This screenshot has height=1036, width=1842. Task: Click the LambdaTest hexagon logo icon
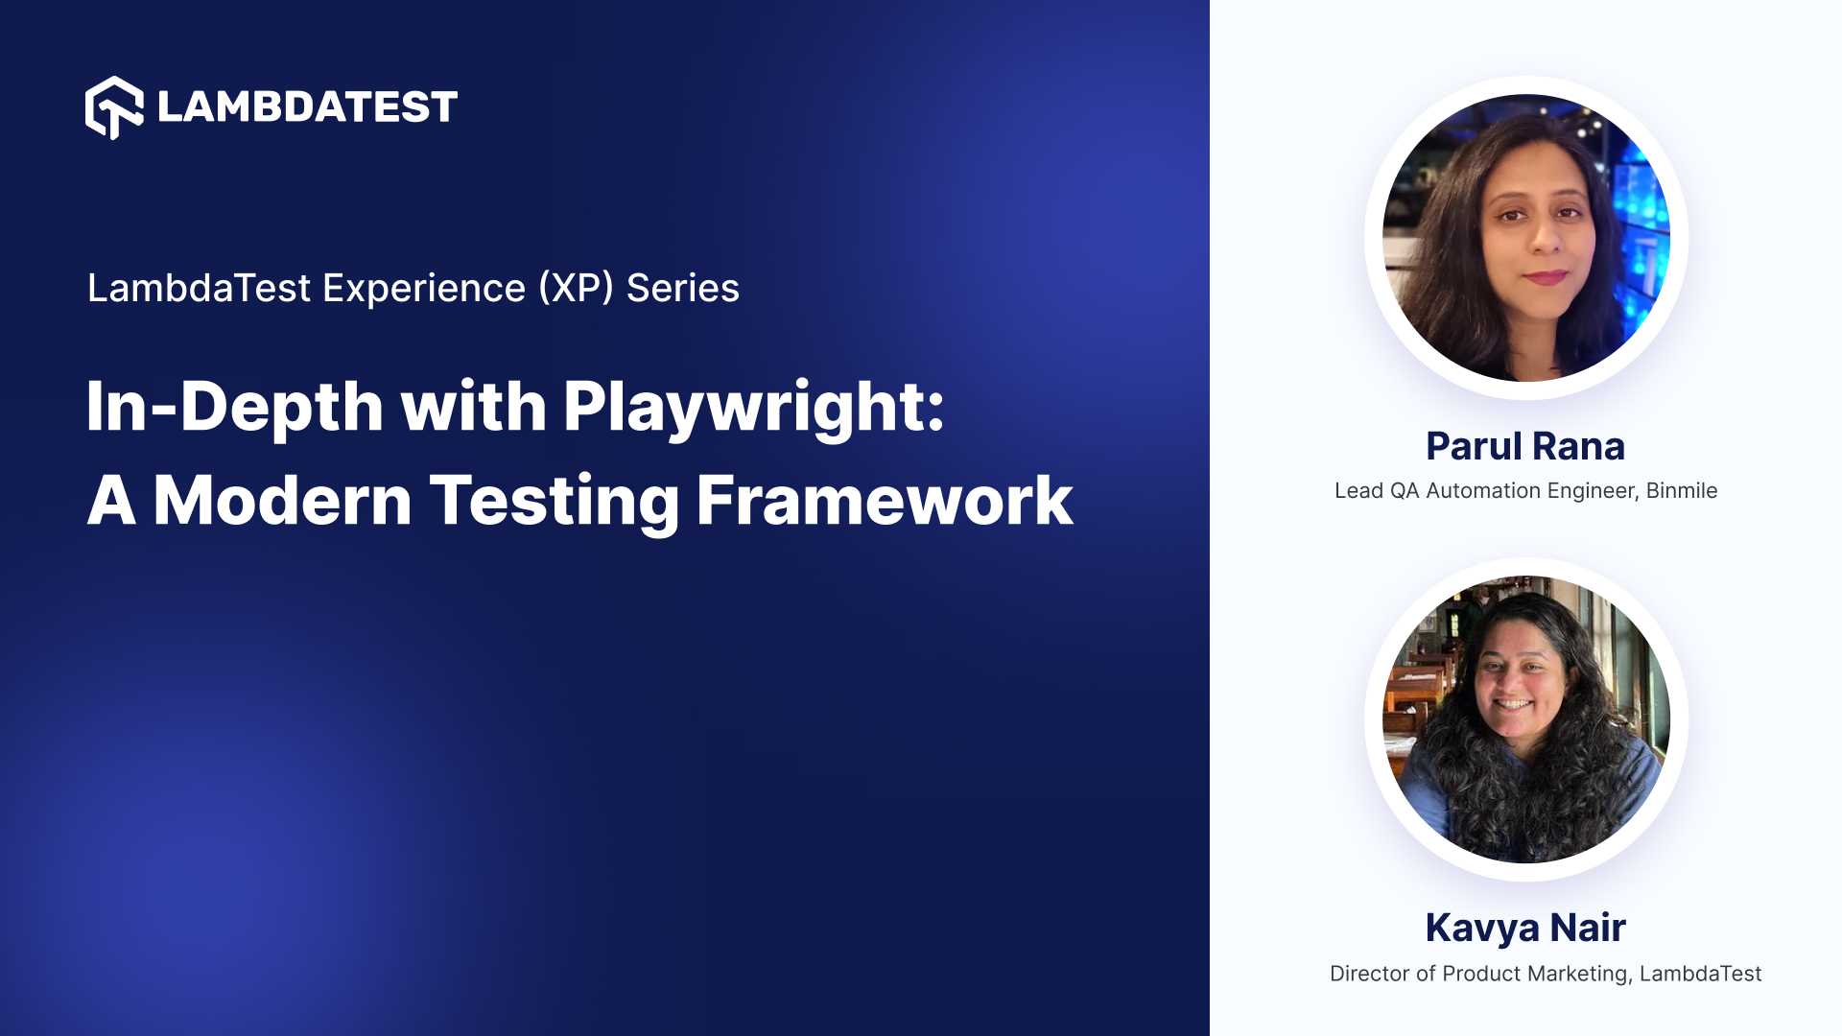pos(114,107)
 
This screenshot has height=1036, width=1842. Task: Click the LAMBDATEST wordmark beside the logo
pos(307,107)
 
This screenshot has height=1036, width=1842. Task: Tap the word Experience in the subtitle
pos(423,288)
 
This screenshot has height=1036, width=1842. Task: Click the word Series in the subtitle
pos(682,288)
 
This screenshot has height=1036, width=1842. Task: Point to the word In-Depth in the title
pos(234,407)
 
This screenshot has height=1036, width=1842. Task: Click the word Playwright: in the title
pos(754,407)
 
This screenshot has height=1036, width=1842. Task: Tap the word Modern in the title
pos(282,501)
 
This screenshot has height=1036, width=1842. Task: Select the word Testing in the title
pos(554,501)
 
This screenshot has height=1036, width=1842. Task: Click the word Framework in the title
pos(884,501)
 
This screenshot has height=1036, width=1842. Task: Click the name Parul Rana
pos(1525,446)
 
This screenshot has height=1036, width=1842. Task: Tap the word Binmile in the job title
pos(1681,491)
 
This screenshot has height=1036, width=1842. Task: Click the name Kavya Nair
pos(1525,928)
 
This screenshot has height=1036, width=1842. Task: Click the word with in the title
pos(473,407)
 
